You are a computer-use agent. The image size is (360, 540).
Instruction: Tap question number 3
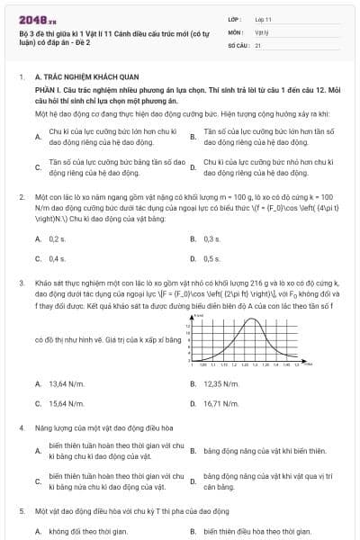[x=21, y=282]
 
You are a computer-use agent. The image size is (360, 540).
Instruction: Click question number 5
[x=21, y=510]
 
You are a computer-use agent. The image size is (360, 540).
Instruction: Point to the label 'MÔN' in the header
[x=236, y=31]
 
